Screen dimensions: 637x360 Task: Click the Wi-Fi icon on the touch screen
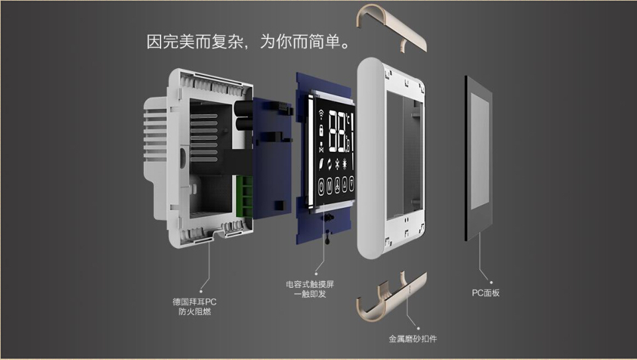pos(321,114)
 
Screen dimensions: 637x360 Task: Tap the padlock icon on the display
pos(321,131)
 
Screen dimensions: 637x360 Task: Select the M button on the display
pos(329,185)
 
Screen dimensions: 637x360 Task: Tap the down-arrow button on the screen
pos(351,184)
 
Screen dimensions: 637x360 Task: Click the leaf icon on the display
pos(321,164)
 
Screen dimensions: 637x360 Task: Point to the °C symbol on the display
pos(348,119)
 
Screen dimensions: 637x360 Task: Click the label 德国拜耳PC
pos(195,302)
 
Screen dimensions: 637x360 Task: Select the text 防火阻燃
pos(195,312)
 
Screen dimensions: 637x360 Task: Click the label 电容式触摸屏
pos(310,284)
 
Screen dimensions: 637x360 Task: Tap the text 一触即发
pos(310,294)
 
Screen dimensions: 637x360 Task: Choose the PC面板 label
pos(485,293)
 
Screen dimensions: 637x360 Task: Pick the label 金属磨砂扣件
pos(413,339)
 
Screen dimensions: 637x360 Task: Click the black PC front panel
pos(479,158)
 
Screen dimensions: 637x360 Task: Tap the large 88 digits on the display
pos(337,132)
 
